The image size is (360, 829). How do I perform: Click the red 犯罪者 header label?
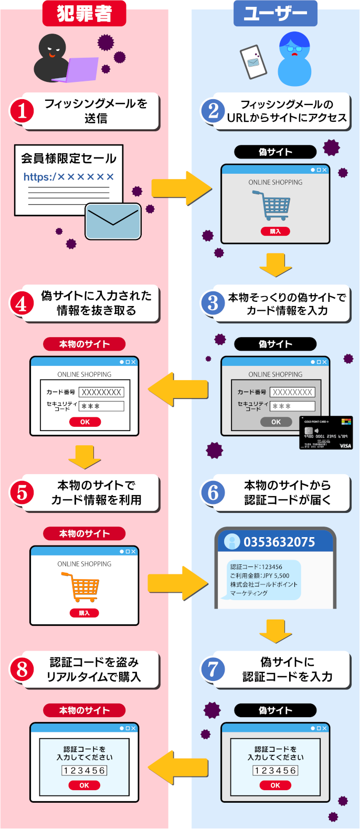pyautogui.click(x=84, y=13)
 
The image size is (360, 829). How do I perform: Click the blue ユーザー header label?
pyautogui.click(x=275, y=13)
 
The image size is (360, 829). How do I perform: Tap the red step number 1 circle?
pyautogui.click(x=22, y=111)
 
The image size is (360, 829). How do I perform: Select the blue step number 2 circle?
pyautogui.click(x=213, y=111)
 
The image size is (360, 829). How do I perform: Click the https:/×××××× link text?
pyautogui.click(x=68, y=177)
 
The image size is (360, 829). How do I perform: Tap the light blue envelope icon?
pyautogui.click(x=113, y=221)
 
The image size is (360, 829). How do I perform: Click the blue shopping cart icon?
pyautogui.click(x=272, y=205)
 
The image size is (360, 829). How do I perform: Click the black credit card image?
pyautogui.click(x=326, y=433)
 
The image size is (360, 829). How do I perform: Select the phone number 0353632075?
pyautogui.click(x=279, y=542)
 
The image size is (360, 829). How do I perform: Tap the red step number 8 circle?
pyautogui.click(x=22, y=669)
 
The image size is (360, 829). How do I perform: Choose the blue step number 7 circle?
pyautogui.click(x=213, y=669)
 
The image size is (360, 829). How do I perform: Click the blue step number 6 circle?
pyautogui.click(x=213, y=492)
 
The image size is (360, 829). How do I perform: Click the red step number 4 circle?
pyautogui.click(x=22, y=303)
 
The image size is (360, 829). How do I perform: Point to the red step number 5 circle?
pyautogui.click(x=22, y=492)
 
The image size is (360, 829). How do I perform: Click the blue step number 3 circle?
pyautogui.click(x=213, y=303)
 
